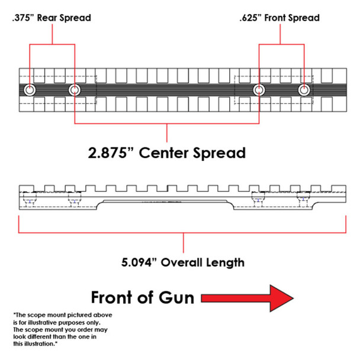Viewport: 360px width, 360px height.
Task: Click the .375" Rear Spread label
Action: point(51,18)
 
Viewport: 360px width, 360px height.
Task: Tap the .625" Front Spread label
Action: point(279,18)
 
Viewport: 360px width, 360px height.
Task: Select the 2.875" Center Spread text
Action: point(166,153)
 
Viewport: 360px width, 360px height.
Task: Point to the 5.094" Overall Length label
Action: point(184,261)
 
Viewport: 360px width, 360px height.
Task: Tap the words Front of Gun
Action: point(142,297)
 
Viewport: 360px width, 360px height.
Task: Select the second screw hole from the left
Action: point(74,90)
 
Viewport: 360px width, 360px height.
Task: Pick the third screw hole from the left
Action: point(259,90)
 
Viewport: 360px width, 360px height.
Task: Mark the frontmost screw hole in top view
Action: point(304,90)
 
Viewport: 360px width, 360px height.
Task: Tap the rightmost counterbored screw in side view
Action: point(304,202)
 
